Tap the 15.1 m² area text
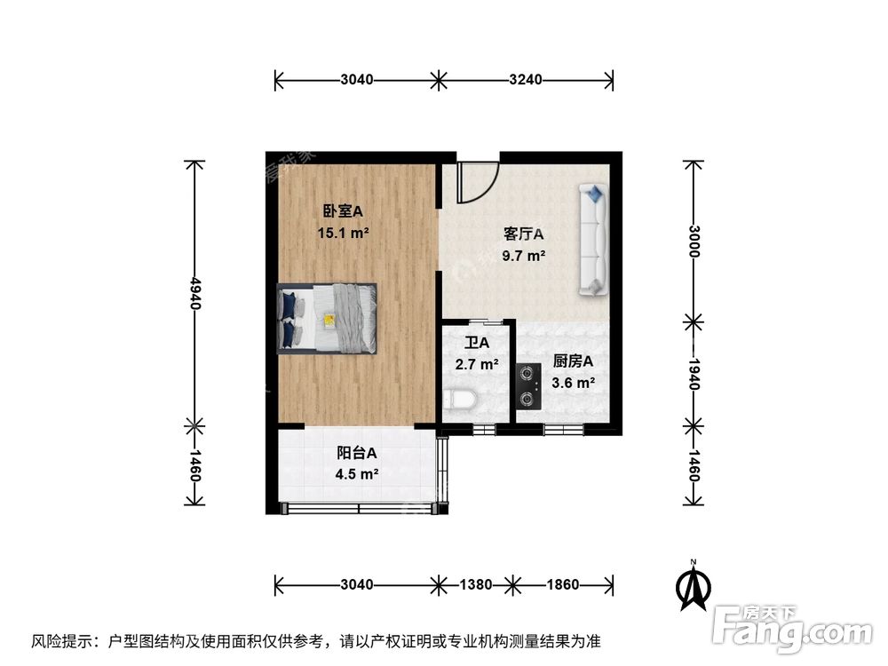(343, 234)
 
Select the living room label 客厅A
(523, 234)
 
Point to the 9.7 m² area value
(523, 257)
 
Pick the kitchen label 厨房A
(573, 361)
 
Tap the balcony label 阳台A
(357, 452)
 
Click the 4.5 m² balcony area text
(357, 474)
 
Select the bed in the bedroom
(328, 319)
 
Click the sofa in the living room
(592, 240)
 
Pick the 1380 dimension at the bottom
(476, 584)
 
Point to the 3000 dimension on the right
(694, 240)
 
